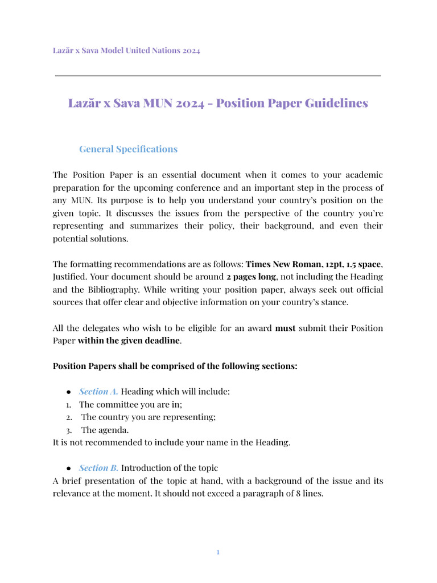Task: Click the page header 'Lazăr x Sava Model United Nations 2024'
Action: (x=126, y=51)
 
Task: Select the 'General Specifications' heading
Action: (x=128, y=149)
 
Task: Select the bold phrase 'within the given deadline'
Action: (x=130, y=340)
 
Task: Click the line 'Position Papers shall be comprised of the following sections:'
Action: (x=175, y=366)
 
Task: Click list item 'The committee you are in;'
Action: (x=130, y=404)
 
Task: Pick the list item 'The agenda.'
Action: (x=105, y=430)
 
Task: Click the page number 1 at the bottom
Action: (x=218, y=552)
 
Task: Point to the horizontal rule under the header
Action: (x=218, y=75)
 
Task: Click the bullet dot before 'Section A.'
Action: (x=68, y=392)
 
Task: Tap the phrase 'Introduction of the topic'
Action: (x=170, y=468)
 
